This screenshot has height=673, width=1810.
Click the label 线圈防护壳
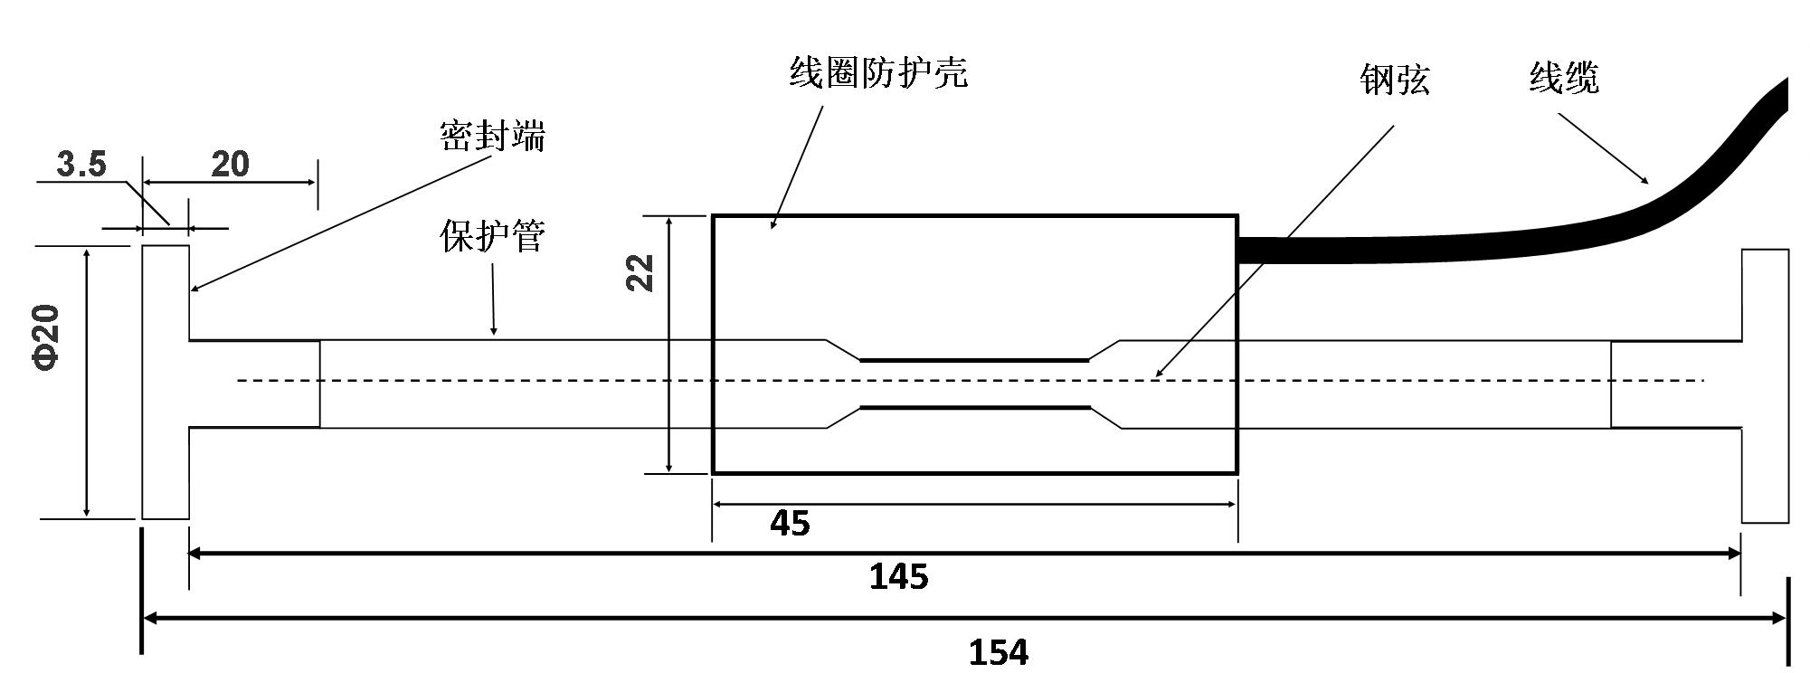click(x=878, y=73)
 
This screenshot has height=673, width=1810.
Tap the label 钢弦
click(x=1395, y=81)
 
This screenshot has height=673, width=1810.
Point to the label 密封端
click(x=492, y=137)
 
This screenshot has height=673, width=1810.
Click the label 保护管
click(x=492, y=237)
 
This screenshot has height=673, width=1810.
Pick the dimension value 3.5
click(x=81, y=165)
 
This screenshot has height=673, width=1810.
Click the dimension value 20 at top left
click(x=230, y=164)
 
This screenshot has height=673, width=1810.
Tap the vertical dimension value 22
click(x=640, y=272)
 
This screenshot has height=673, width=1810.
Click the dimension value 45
click(x=790, y=523)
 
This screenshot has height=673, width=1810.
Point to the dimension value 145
click(x=898, y=576)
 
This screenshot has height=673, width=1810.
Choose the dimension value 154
click(x=999, y=651)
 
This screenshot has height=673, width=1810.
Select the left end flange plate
click(x=166, y=382)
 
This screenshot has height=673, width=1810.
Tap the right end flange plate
click(x=1765, y=386)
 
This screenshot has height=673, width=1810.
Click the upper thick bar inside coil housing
click(x=974, y=360)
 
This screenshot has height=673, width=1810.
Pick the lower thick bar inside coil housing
click(x=974, y=408)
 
